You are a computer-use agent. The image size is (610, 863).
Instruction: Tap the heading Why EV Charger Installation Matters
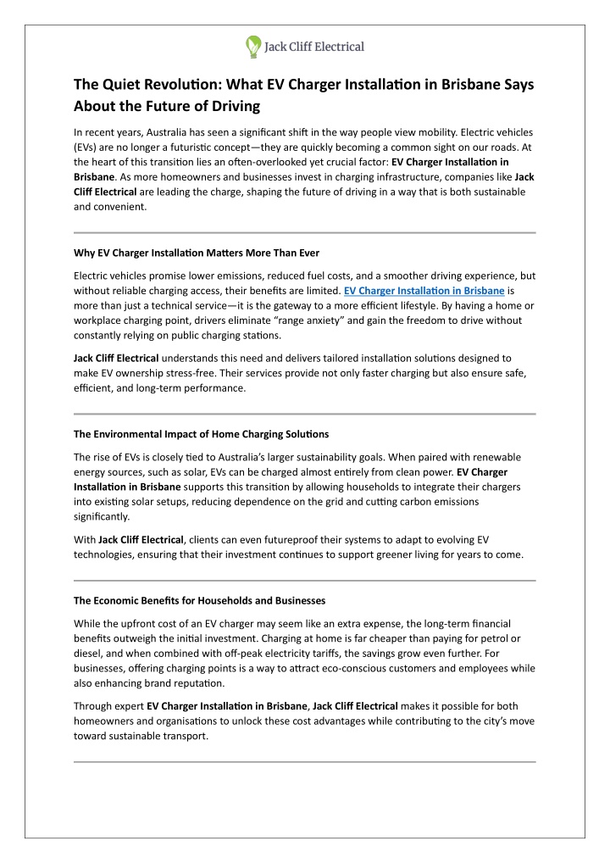(x=197, y=253)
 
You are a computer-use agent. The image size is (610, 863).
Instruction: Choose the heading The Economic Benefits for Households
(x=200, y=600)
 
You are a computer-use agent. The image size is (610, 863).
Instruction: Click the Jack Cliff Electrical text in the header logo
(x=315, y=47)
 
